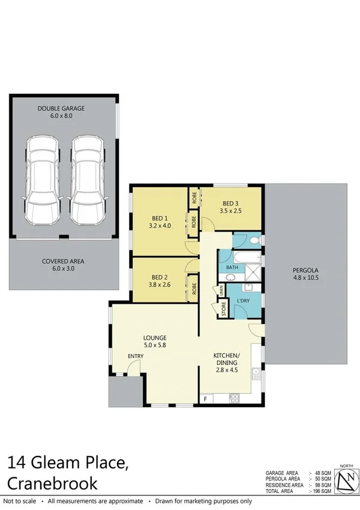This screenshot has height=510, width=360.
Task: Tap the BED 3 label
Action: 231,203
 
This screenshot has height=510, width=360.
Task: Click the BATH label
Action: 233,266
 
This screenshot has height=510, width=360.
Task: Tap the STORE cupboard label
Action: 223,310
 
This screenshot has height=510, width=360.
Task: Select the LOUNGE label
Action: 154,337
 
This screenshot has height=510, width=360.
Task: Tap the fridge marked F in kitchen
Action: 206,398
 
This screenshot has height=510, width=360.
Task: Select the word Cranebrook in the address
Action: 53,484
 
